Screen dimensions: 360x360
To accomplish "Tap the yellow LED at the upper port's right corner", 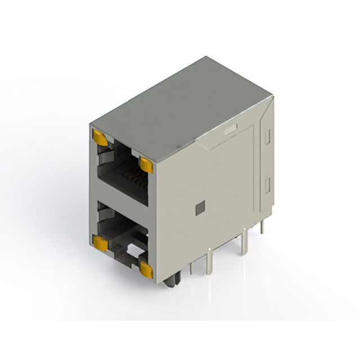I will [x=146, y=164].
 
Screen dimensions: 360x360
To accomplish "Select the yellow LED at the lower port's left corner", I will [x=101, y=242].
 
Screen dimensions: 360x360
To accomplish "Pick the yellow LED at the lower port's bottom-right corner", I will [x=146, y=270].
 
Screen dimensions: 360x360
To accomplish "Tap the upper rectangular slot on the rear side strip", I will [x=268, y=135].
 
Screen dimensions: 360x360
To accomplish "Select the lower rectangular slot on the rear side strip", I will [x=268, y=184].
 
